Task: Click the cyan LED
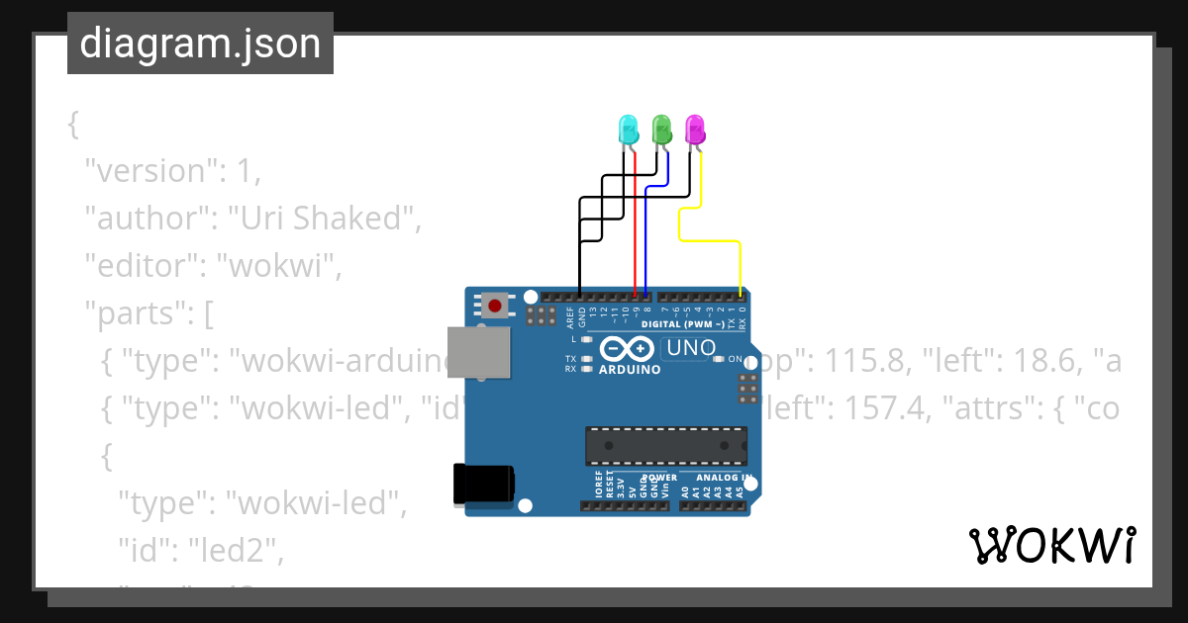tap(628, 130)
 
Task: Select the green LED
tap(661, 130)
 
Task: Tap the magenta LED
tap(695, 130)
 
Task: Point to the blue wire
tap(646, 237)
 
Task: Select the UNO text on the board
tap(691, 348)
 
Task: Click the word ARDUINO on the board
tap(630, 370)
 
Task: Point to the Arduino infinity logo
tap(627, 349)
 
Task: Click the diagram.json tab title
tap(200, 44)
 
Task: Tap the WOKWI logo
tap(1051, 545)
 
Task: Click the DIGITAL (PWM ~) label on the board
tap(683, 324)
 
